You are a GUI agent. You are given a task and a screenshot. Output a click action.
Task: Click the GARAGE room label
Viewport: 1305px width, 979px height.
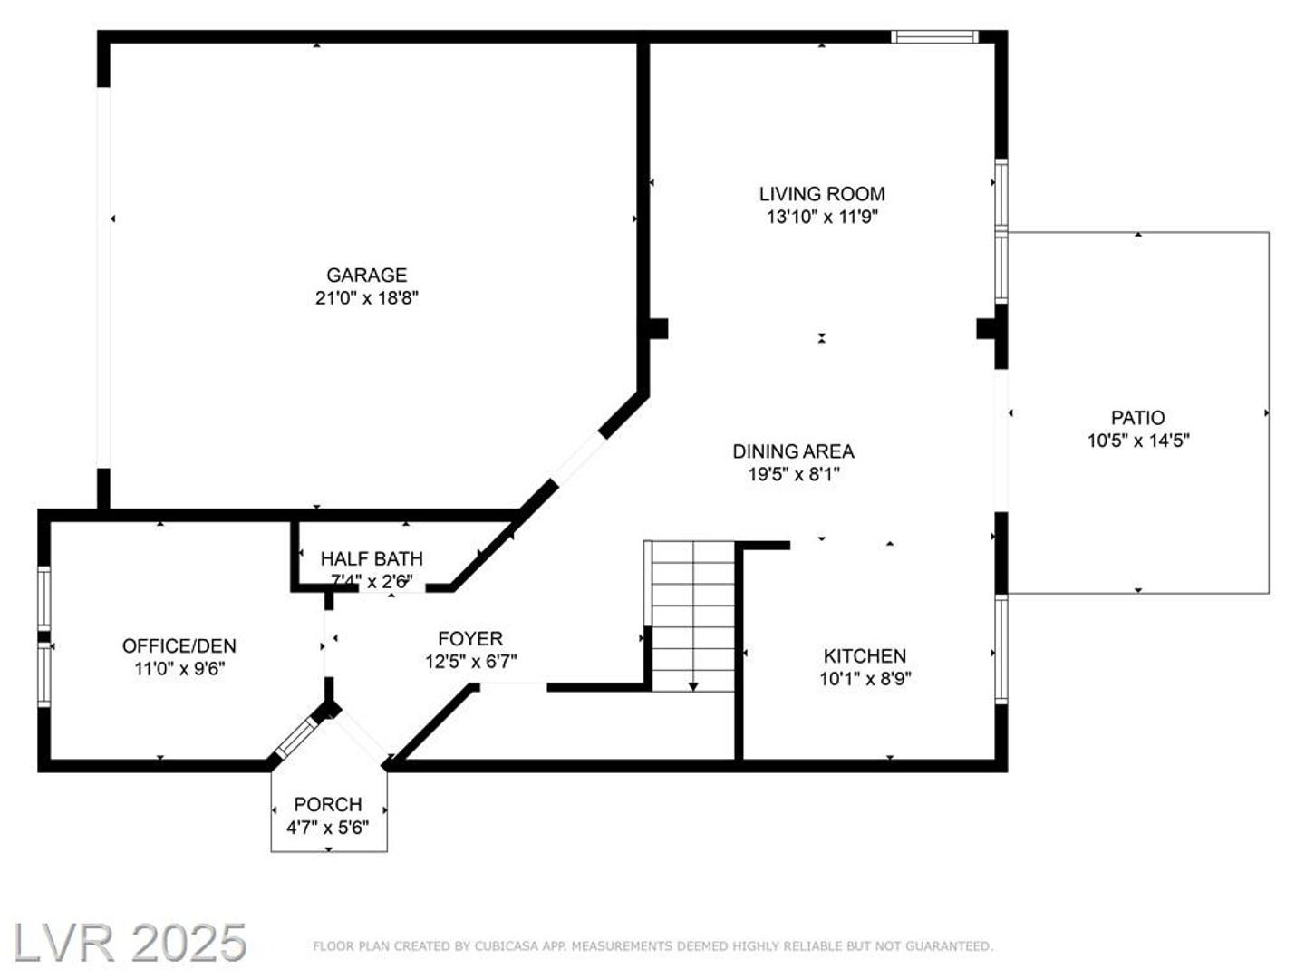pos(366,276)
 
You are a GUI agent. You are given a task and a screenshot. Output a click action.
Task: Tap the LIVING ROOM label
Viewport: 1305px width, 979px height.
pos(822,194)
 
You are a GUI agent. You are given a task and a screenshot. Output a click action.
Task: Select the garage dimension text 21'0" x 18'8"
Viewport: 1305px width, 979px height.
pos(366,298)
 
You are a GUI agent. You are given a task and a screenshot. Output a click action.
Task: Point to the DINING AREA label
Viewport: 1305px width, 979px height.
pos(793,451)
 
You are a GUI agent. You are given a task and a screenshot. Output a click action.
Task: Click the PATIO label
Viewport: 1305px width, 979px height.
pos(1137,418)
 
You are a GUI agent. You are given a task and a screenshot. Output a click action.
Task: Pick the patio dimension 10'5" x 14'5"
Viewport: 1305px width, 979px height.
pos(1138,441)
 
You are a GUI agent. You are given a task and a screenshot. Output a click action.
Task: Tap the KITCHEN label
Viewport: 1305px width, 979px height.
pos(865,656)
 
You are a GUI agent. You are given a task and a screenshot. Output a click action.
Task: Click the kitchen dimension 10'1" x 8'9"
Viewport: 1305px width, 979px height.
pos(865,679)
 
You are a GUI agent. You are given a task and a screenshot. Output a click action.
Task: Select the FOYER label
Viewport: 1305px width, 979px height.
pos(470,639)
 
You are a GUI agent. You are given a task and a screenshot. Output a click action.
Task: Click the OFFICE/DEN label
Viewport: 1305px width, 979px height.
pos(179,646)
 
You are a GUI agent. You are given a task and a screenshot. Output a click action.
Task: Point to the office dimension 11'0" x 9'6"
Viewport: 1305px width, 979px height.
pos(179,669)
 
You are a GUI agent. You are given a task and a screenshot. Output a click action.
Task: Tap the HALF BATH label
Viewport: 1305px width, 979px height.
pos(372,558)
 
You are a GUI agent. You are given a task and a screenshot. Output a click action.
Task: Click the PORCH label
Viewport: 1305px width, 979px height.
pos(327,805)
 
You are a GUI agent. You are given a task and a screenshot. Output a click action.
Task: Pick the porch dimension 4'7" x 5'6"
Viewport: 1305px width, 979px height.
pos(327,828)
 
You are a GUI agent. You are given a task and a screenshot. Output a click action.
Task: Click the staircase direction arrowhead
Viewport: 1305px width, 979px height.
pos(693,687)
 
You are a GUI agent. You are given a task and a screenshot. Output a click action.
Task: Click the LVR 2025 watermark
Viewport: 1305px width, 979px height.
pos(130,944)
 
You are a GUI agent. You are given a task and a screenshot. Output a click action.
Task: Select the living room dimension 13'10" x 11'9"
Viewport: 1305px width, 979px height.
pos(822,217)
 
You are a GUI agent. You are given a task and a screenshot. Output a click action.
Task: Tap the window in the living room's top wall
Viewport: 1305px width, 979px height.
pos(934,37)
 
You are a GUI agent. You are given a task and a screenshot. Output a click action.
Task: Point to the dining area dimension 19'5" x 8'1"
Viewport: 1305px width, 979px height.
pos(793,475)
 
